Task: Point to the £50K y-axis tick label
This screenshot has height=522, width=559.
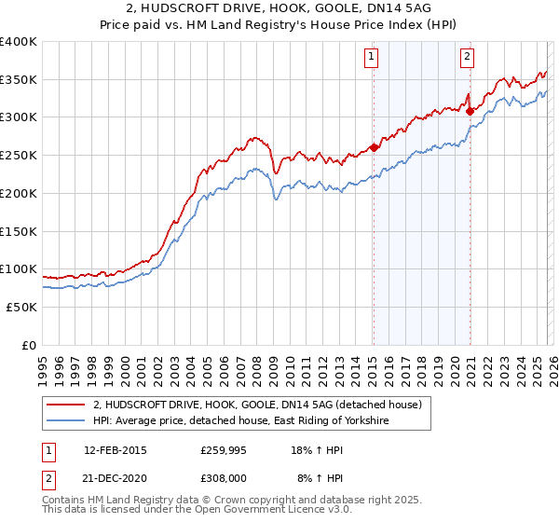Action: coord(21,307)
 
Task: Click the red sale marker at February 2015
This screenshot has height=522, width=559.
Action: coord(374,147)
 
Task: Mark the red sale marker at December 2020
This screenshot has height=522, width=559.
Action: coord(470,111)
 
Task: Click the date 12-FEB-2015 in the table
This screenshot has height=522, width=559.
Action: coord(116,449)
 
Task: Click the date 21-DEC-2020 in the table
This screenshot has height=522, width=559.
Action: coord(116,477)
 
